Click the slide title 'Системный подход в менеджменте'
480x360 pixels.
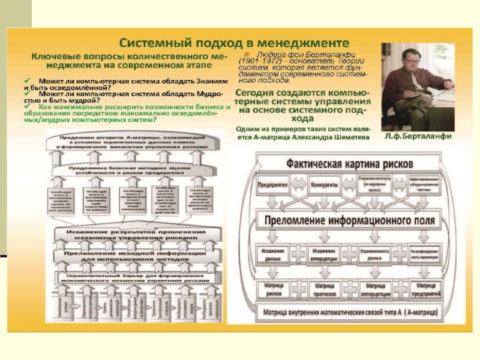point(233,43)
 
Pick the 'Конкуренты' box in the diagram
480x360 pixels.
point(326,184)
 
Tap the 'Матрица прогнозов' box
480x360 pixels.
point(324,290)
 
